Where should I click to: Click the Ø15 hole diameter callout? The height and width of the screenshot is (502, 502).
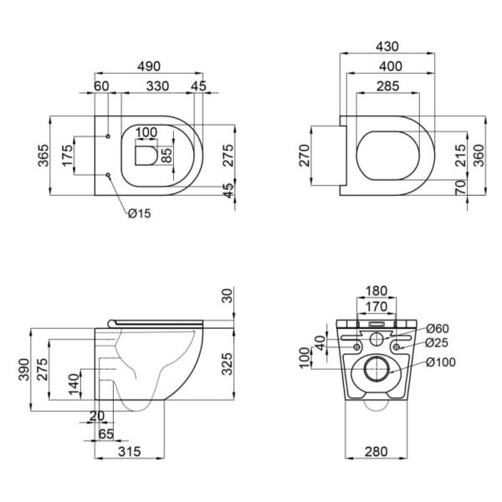pyautogui.click(x=140, y=214)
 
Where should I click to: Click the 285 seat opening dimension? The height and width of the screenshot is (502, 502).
pyautogui.click(x=387, y=86)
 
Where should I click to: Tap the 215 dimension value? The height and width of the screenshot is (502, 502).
pyautogui.click(x=458, y=154)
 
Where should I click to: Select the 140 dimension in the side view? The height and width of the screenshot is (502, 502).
pyautogui.click(x=74, y=385)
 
